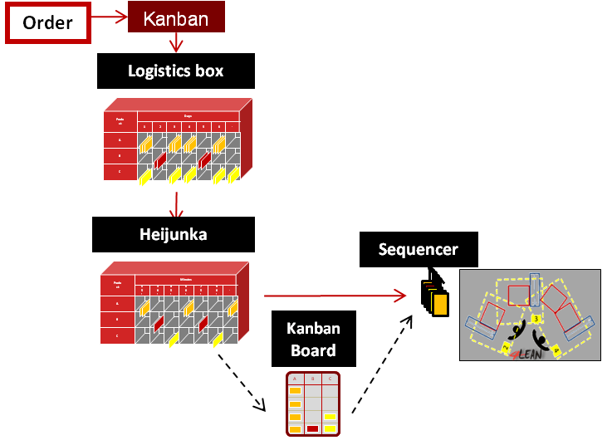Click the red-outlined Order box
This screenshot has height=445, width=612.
[47, 23]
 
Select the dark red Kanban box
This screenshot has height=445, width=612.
[176, 18]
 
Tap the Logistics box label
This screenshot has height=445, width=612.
[175, 71]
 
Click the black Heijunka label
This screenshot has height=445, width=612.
[173, 234]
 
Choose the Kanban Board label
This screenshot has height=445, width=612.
[313, 339]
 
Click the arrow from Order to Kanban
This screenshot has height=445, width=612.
[108, 16]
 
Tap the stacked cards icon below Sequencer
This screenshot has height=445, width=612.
[434, 297]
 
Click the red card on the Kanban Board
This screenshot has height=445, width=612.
[312, 429]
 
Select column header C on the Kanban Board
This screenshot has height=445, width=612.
[330, 379]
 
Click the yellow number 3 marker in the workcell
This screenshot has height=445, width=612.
[536, 319]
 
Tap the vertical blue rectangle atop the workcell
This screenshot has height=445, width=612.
[535, 292]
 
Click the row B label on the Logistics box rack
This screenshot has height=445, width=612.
[120, 155]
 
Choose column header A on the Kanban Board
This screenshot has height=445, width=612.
[294, 379]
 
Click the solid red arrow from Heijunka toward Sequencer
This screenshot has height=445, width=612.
[332, 295]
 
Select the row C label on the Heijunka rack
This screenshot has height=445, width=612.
[117, 335]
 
